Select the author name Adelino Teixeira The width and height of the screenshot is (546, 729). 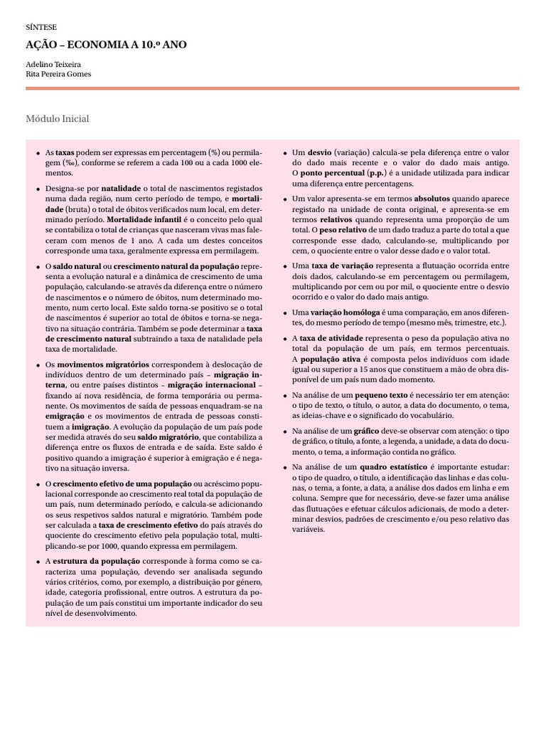pos(53,63)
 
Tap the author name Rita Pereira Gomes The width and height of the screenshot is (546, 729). pos(58,73)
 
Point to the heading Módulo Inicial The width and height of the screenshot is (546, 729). pos(57,118)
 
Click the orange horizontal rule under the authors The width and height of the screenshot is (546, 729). pos(272,88)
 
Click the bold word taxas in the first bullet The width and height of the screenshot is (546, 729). pos(65,152)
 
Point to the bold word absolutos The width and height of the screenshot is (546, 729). pos(437,199)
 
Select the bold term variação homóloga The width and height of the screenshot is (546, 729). pos(344,312)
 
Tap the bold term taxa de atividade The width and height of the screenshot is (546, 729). pos(331,337)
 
